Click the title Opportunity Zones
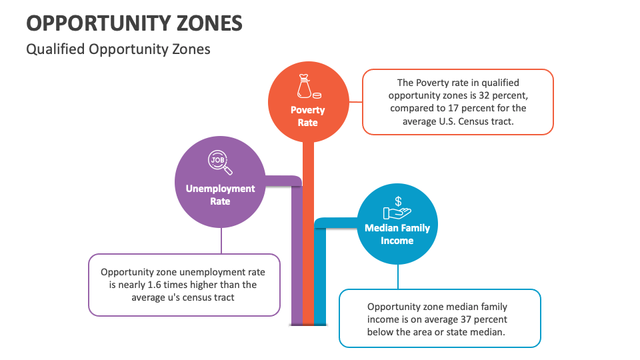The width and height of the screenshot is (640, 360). (x=134, y=23)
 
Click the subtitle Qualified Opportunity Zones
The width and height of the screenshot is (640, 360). (x=118, y=49)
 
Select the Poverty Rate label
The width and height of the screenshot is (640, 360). (x=307, y=116)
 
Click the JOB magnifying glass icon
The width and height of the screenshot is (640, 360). (x=220, y=162)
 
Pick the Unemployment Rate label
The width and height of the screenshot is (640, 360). (x=220, y=195)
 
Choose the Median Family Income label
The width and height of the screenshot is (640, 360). (x=397, y=234)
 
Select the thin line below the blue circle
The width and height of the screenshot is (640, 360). (x=398, y=277)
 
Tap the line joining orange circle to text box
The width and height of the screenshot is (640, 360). (x=354, y=102)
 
